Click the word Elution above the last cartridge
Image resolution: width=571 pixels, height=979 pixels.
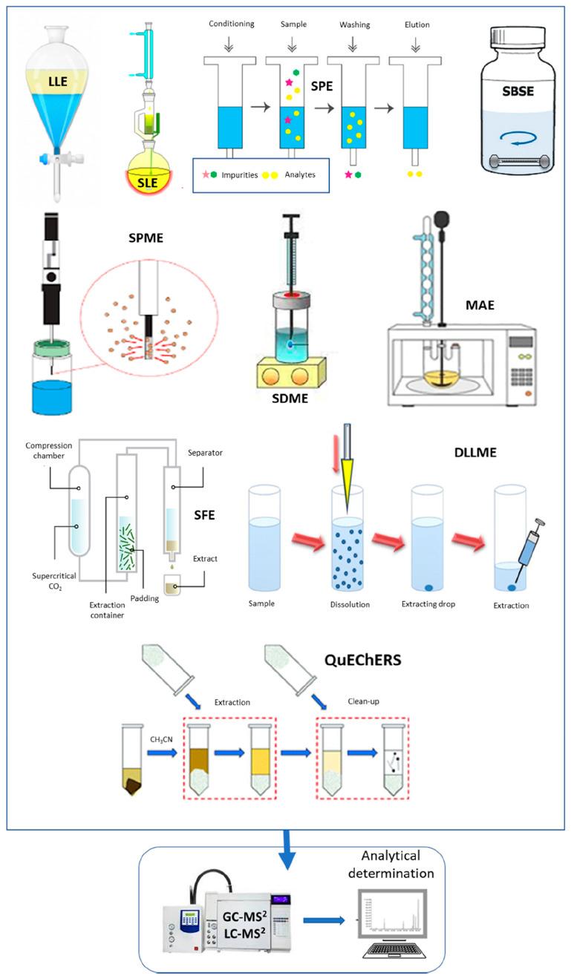(418, 24)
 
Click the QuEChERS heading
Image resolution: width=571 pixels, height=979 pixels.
(365, 658)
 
